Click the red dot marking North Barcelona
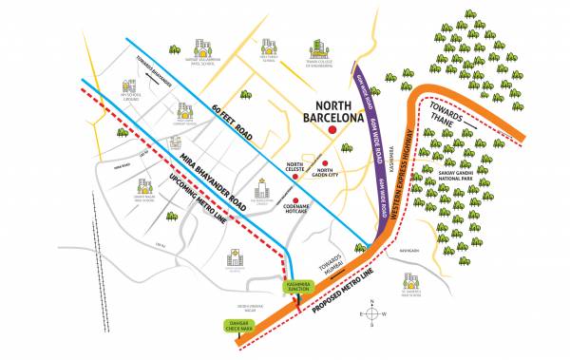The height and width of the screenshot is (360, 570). coord(332,129)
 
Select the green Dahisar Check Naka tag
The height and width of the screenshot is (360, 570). coord(241,326)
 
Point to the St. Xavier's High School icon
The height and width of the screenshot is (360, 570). coord(410,282)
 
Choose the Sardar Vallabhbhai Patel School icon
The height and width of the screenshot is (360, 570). coord(200,47)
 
